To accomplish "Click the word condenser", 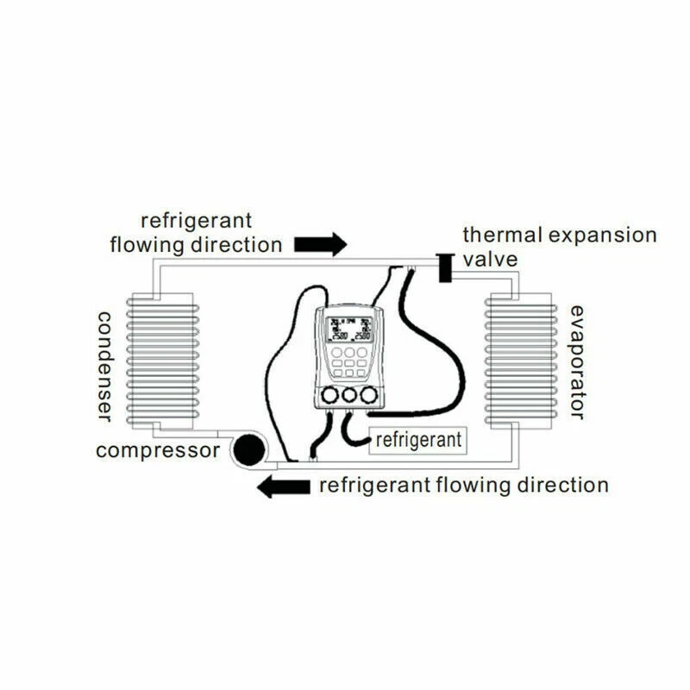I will click(104, 366).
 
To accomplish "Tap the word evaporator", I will click(577, 361).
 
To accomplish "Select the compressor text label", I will click(158, 450).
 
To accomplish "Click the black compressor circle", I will click(251, 449).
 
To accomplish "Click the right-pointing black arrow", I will click(320, 244).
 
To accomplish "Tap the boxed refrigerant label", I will click(418, 439).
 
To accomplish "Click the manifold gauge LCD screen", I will click(350, 328).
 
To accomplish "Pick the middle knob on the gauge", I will click(349, 395).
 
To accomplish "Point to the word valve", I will click(491, 260).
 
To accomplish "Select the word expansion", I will click(605, 235).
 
